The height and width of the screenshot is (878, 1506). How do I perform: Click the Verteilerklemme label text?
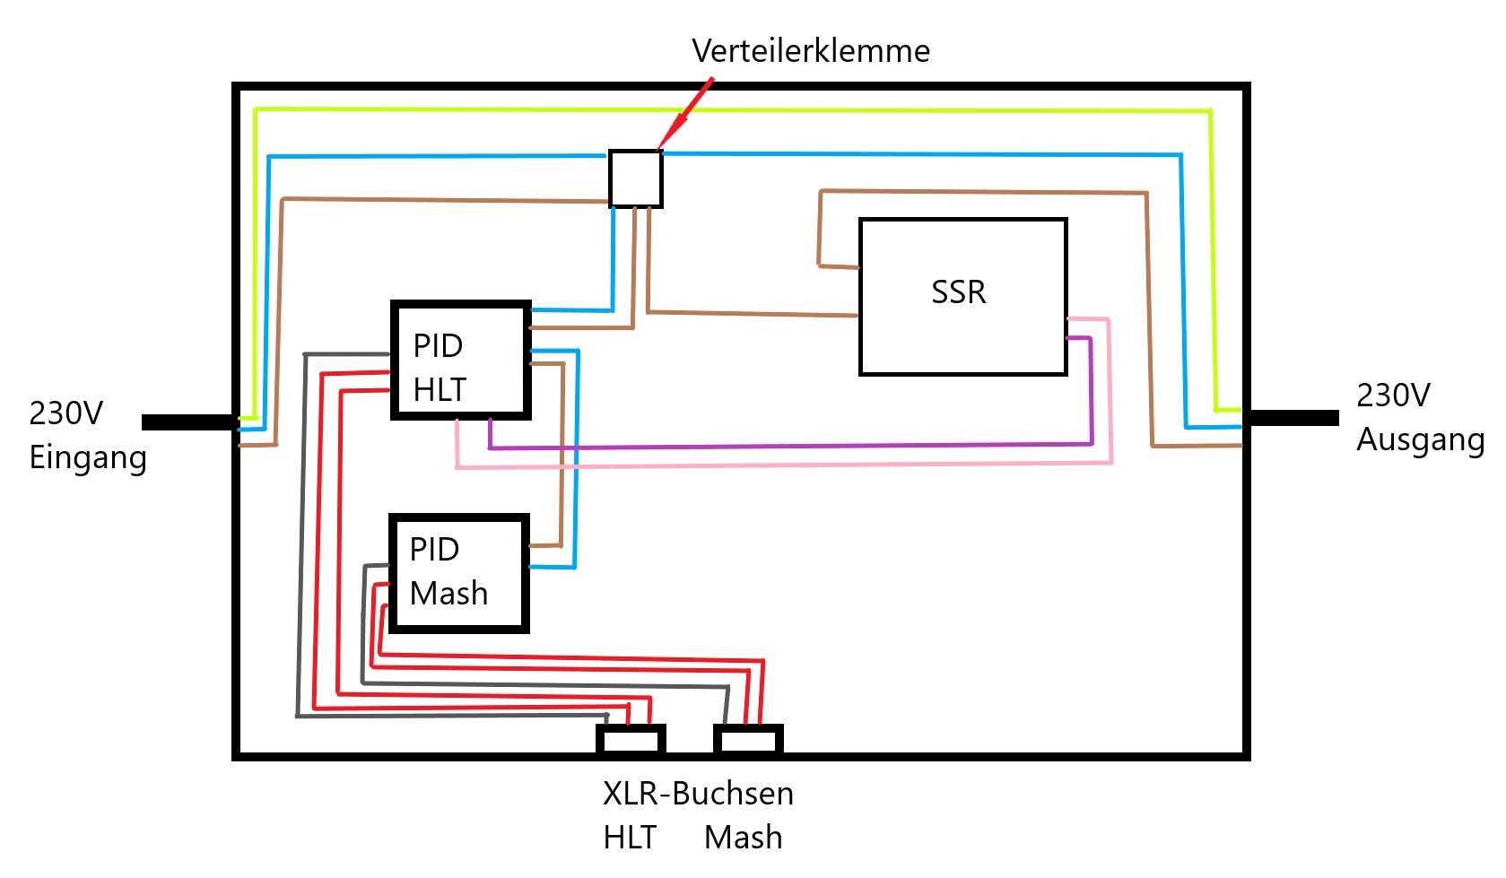point(810,51)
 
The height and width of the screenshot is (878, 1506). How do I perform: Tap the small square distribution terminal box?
point(635,178)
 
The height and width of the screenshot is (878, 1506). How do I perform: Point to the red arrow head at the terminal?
point(665,141)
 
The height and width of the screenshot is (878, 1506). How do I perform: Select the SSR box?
point(962,296)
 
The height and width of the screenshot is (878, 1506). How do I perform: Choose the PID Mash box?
point(458,573)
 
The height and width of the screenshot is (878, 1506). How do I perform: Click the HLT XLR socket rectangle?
point(631,741)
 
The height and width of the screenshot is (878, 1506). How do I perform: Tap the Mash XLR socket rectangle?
point(748,741)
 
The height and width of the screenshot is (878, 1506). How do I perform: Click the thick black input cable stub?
point(188,422)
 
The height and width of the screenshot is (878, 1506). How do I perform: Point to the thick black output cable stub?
point(1292,418)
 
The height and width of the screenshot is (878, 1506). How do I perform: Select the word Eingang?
point(88,457)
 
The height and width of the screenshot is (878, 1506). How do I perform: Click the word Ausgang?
point(1420,440)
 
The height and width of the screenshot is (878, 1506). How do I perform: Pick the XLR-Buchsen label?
point(698,794)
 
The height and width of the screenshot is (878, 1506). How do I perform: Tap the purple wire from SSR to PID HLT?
point(789,446)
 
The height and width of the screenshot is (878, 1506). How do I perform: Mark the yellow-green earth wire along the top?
point(718,110)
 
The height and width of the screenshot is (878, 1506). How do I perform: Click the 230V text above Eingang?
point(65,413)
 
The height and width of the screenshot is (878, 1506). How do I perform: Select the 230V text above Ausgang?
point(1393,396)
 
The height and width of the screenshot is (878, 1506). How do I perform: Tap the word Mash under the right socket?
point(743,838)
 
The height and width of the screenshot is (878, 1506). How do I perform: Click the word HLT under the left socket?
point(629,838)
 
